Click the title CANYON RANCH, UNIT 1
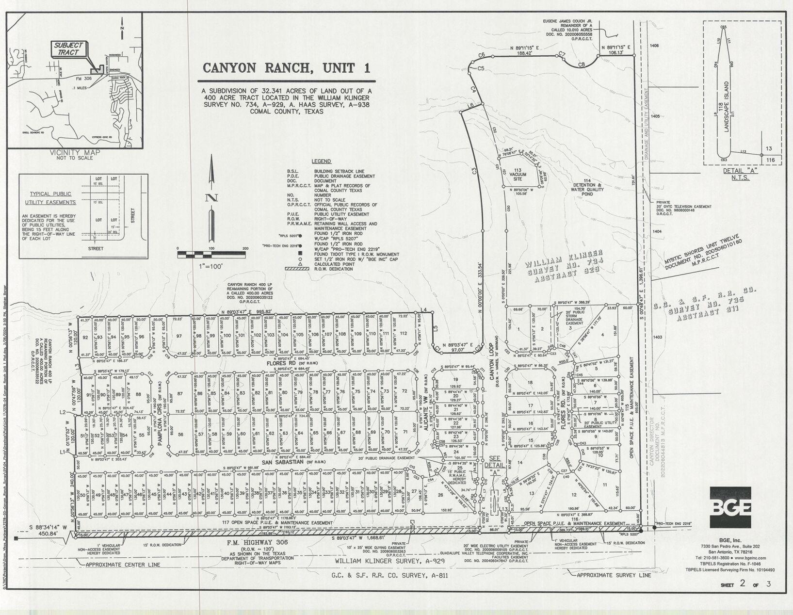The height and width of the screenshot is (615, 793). [286, 68]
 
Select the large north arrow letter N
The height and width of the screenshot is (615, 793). [211, 198]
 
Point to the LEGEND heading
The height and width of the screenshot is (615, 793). [321, 162]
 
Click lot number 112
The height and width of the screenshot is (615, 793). [403, 333]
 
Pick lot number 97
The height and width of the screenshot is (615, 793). [179, 336]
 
